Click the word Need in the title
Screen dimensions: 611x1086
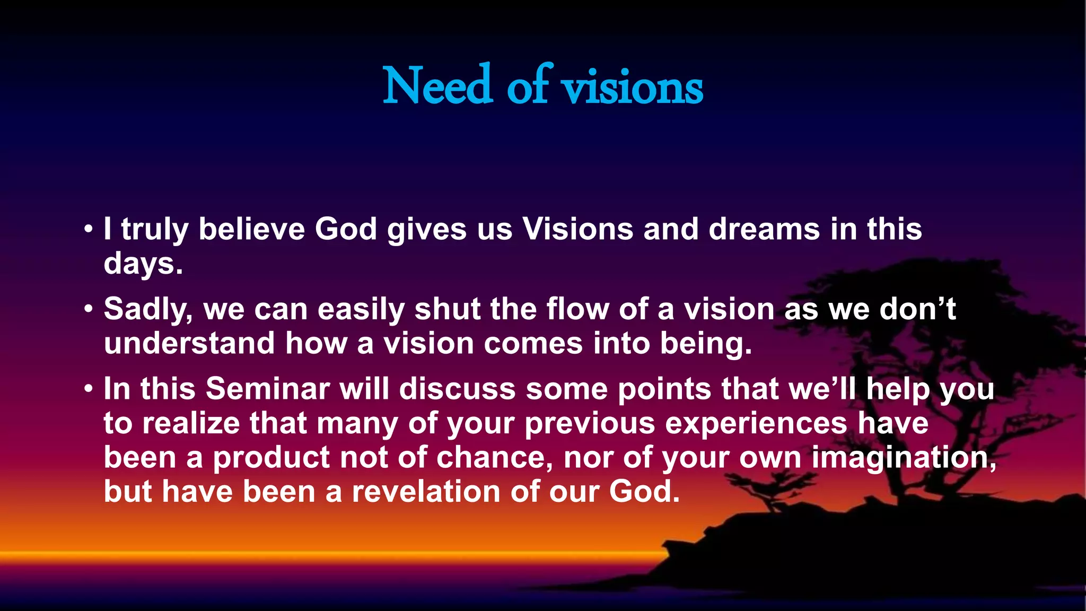pyautogui.click(x=437, y=86)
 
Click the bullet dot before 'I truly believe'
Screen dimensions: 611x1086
pyautogui.click(x=89, y=230)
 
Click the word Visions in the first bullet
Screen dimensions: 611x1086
pyautogui.click(x=577, y=229)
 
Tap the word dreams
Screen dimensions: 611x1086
pyautogui.click(x=764, y=229)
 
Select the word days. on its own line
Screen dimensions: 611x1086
pyautogui.click(x=143, y=264)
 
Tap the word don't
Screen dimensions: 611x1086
pyautogui.click(x=917, y=309)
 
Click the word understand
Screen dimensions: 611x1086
pyautogui.click(x=189, y=343)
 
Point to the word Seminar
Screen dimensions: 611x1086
pyautogui.click(x=268, y=389)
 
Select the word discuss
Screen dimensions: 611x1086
pyautogui.click(x=457, y=389)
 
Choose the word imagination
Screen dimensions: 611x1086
pyautogui.click(x=904, y=458)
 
